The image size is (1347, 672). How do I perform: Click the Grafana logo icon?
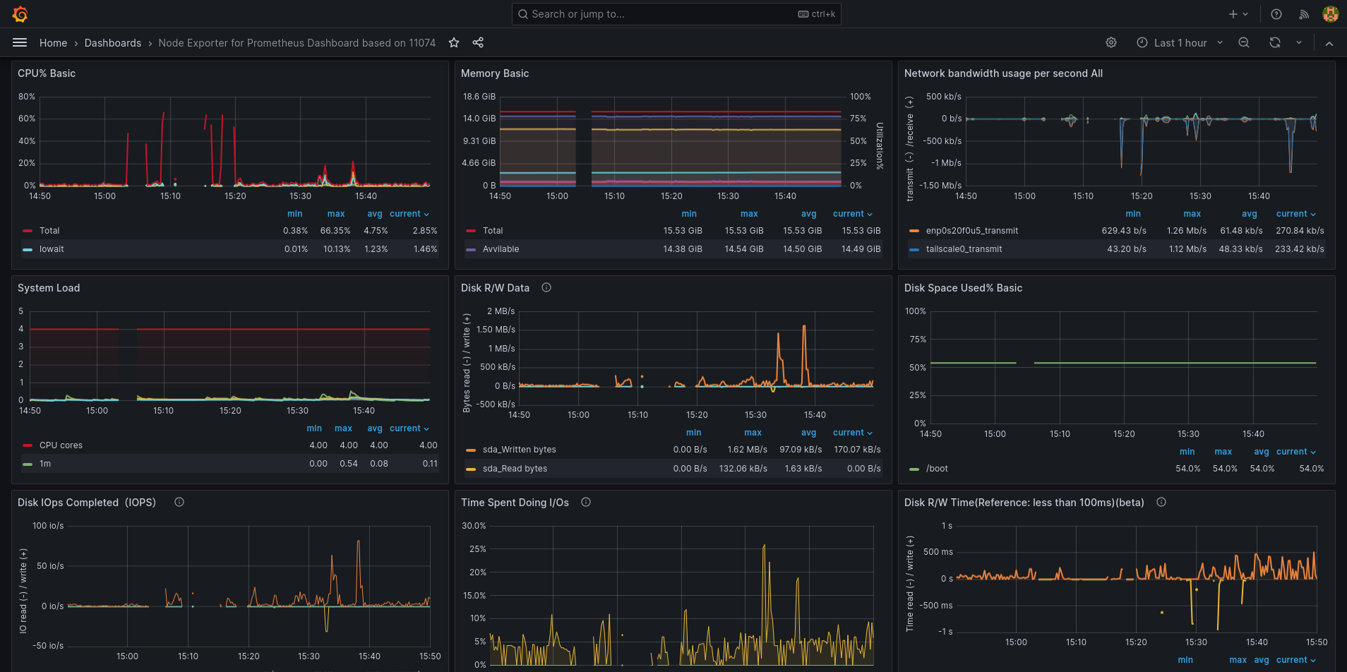pyautogui.click(x=20, y=14)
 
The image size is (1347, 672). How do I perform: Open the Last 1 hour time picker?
pyautogui.click(x=1180, y=43)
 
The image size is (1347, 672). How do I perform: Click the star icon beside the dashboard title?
pyautogui.click(x=454, y=43)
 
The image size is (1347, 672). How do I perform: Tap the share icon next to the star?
pyautogui.click(x=478, y=43)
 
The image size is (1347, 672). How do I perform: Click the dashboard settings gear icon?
pyautogui.click(x=1111, y=43)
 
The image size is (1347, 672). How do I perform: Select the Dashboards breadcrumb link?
pyautogui.click(x=113, y=43)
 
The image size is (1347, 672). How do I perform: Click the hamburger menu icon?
pyautogui.click(x=20, y=43)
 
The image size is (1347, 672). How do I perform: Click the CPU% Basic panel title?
pyautogui.click(x=47, y=73)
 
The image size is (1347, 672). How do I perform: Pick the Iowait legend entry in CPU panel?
pyautogui.click(x=52, y=249)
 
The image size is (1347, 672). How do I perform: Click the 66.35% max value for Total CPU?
pyautogui.click(x=335, y=231)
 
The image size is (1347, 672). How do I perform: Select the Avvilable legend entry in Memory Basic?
pyautogui.click(x=501, y=249)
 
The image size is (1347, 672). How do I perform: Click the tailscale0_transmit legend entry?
pyautogui.click(x=964, y=249)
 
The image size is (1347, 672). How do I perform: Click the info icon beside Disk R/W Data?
pyautogui.click(x=546, y=287)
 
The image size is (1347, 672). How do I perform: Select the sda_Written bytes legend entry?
pyautogui.click(x=519, y=450)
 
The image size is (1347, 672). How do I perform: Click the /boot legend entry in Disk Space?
pyautogui.click(x=937, y=469)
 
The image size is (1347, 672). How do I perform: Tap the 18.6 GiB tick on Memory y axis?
pyautogui.click(x=479, y=97)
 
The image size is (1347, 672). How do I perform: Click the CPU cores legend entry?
pyautogui.click(x=61, y=445)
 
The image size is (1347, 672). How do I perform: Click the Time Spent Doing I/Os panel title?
pyautogui.click(x=515, y=503)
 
